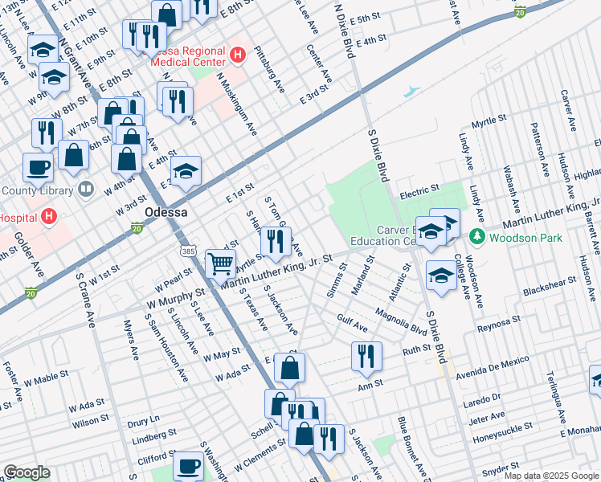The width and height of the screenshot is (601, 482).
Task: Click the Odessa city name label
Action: [166, 212]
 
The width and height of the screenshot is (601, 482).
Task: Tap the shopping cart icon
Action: [221, 262]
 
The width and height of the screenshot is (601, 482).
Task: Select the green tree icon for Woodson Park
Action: [477, 236]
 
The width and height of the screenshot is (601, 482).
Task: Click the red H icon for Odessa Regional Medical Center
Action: [237, 55]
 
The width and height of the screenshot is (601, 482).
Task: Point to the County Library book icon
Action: [86, 190]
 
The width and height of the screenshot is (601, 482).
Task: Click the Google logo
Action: [27, 472]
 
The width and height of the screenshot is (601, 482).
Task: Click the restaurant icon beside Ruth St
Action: [366, 354]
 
